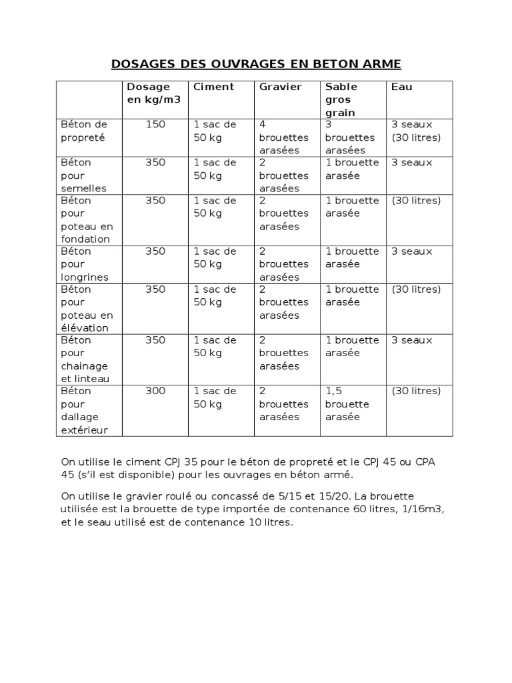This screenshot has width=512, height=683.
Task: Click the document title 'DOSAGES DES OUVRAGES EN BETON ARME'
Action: pos(255,64)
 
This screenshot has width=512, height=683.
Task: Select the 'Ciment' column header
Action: pos(213,87)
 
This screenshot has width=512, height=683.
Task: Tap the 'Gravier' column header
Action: pos(280,87)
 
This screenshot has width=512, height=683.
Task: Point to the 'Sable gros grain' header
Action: pos(341,99)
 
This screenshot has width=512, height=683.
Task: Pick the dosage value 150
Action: pos(155,125)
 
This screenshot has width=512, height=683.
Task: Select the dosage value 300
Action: pos(155,392)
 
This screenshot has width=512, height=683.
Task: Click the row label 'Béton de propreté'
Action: pos(83,131)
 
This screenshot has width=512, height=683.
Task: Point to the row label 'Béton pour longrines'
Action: pos(84,264)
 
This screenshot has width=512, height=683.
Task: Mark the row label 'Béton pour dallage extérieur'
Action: pos(84,411)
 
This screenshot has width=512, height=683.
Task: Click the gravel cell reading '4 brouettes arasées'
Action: pos(284,137)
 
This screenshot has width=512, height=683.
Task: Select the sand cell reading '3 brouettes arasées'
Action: pos(350,137)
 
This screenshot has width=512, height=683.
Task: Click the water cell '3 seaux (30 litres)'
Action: pos(416,131)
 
